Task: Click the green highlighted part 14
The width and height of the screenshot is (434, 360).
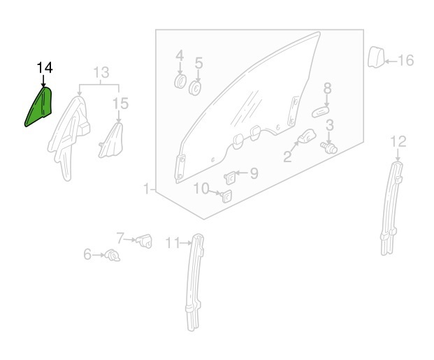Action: pyautogui.click(x=40, y=107)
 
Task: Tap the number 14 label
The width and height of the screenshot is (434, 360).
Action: pyautogui.click(x=44, y=68)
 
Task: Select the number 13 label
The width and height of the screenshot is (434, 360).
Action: pyautogui.click(x=101, y=72)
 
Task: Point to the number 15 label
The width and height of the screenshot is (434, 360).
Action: pyautogui.click(x=121, y=104)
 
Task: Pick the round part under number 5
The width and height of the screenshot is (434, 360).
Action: pyautogui.click(x=196, y=88)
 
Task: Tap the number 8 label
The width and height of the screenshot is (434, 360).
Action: pyautogui.click(x=327, y=88)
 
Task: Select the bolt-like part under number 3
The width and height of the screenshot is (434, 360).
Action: pyautogui.click(x=328, y=147)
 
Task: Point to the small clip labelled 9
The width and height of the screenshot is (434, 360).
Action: pyautogui.click(x=230, y=175)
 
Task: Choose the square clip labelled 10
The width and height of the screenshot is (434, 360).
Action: pyautogui.click(x=226, y=196)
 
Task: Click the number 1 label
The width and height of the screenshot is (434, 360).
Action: pyautogui.click(x=147, y=189)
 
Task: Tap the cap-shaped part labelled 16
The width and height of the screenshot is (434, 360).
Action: pyautogui.click(x=374, y=57)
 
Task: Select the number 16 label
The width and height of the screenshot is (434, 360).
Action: pyautogui.click(x=405, y=61)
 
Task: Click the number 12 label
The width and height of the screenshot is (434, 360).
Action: pyautogui.click(x=397, y=142)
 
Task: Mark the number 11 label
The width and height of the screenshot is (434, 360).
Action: pyautogui.click(x=173, y=243)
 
